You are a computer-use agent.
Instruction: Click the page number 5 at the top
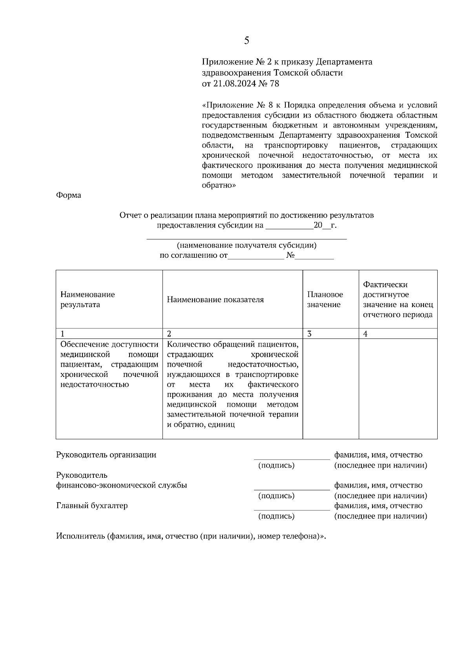click(x=246, y=40)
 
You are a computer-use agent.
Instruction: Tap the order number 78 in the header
click(x=274, y=84)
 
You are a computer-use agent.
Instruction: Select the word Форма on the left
click(x=69, y=195)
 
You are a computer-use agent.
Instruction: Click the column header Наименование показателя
click(x=215, y=300)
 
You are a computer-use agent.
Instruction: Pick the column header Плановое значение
click(x=325, y=300)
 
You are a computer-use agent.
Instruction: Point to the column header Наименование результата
click(x=88, y=300)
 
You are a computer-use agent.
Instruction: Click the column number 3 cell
click(x=309, y=334)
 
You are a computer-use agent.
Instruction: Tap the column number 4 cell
click(x=365, y=334)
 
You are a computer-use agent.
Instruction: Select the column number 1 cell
click(x=62, y=334)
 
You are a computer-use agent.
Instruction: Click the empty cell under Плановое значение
click(x=330, y=388)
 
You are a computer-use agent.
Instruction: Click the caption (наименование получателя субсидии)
click(x=246, y=246)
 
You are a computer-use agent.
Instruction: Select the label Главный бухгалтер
click(x=92, y=506)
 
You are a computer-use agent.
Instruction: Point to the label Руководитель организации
click(x=106, y=455)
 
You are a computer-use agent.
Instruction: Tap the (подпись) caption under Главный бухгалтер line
click(x=276, y=517)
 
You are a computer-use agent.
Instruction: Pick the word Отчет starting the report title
click(x=130, y=215)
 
